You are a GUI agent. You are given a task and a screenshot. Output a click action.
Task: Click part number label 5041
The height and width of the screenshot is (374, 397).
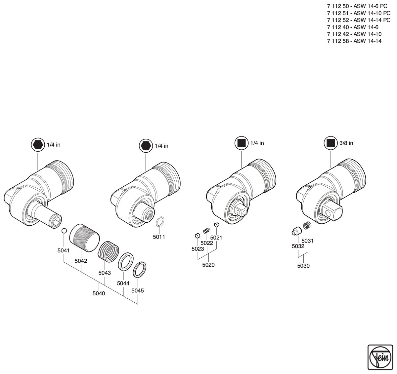[64, 250]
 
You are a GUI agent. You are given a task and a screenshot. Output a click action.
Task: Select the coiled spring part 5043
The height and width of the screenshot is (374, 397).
[109, 252]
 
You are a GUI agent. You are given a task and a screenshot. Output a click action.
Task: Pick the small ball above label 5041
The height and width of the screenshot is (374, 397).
[64, 231]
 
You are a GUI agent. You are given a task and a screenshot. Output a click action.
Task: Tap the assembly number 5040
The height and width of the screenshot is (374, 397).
[99, 293]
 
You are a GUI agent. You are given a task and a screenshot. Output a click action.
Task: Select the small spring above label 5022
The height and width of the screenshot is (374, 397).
[206, 231]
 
